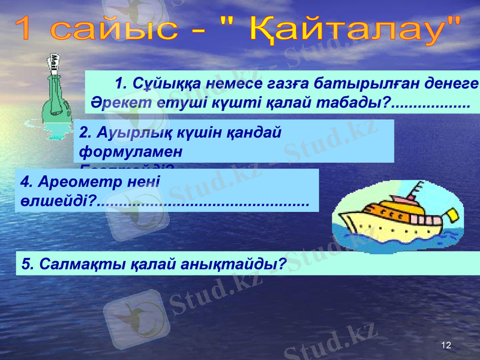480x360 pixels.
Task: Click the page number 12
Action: (x=445, y=346)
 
